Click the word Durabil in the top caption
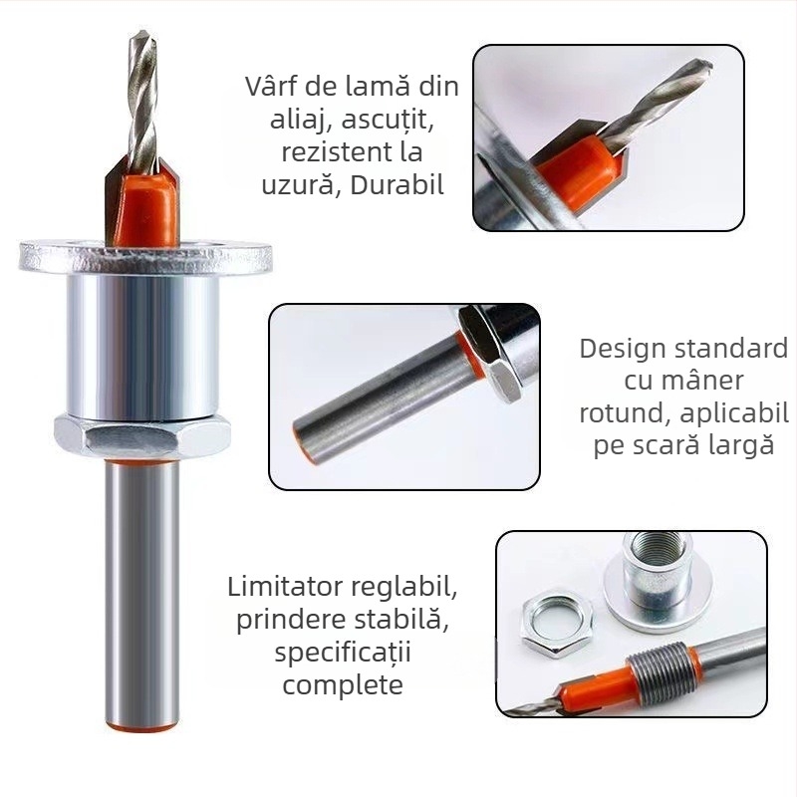click(x=397, y=185)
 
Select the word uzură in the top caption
click(x=299, y=185)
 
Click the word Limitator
click(x=285, y=587)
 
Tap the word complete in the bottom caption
click(x=343, y=685)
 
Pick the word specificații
click(x=343, y=653)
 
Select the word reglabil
click(x=404, y=589)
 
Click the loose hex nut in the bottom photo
click(x=557, y=625)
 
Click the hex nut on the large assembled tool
click(x=142, y=433)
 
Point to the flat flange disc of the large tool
click(x=145, y=258)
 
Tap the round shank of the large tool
click(x=142, y=594)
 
